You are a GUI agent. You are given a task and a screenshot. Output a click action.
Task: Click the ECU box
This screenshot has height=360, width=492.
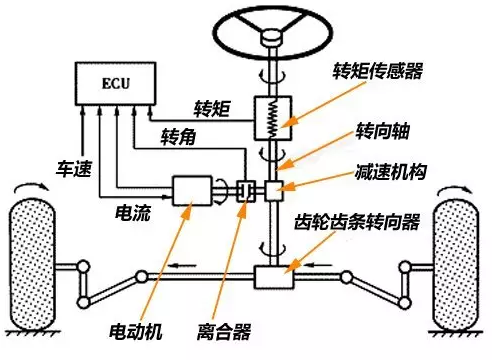tap(112, 82)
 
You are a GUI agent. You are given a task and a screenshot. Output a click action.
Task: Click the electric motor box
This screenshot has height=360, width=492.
tap(192, 190)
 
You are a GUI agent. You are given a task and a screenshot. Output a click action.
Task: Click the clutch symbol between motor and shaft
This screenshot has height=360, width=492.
tap(243, 190)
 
